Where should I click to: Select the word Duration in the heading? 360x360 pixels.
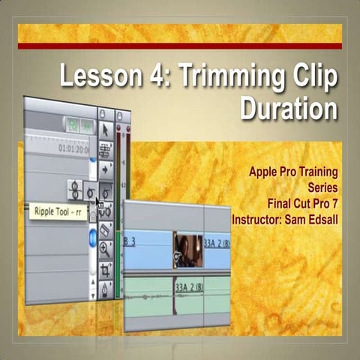(x=289, y=109)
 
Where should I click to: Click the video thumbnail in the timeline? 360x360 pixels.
(x=187, y=250)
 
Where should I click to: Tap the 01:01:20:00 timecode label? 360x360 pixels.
(x=73, y=148)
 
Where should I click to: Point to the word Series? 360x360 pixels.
(x=322, y=187)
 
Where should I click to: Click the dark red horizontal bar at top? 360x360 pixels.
(x=180, y=46)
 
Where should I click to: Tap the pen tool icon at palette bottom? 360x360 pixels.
(x=106, y=288)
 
